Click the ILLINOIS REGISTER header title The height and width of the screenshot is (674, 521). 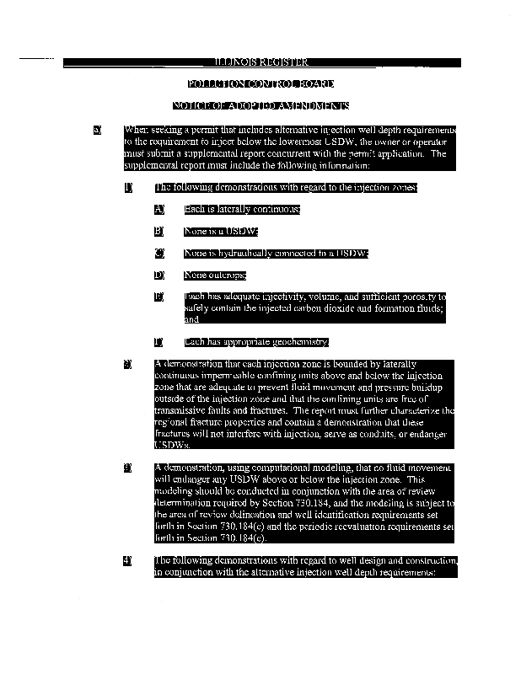[x=260, y=62]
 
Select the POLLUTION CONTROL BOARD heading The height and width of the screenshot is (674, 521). [x=260, y=84]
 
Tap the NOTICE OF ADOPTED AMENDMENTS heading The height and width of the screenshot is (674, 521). [x=260, y=106]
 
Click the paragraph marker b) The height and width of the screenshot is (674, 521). [x=98, y=131]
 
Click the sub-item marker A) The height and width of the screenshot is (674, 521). [x=158, y=209]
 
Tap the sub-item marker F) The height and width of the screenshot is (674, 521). [x=158, y=342]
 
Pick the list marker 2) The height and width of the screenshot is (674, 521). [x=128, y=364]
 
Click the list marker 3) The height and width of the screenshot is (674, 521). [x=128, y=468]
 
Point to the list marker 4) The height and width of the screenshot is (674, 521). [x=128, y=560]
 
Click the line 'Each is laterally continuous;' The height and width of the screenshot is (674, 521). [x=241, y=209]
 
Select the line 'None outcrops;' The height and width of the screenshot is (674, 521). [x=215, y=275]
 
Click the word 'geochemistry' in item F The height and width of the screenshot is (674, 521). [x=298, y=342]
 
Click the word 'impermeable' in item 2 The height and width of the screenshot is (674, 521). [x=229, y=375]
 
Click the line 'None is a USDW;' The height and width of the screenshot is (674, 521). [x=221, y=231]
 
